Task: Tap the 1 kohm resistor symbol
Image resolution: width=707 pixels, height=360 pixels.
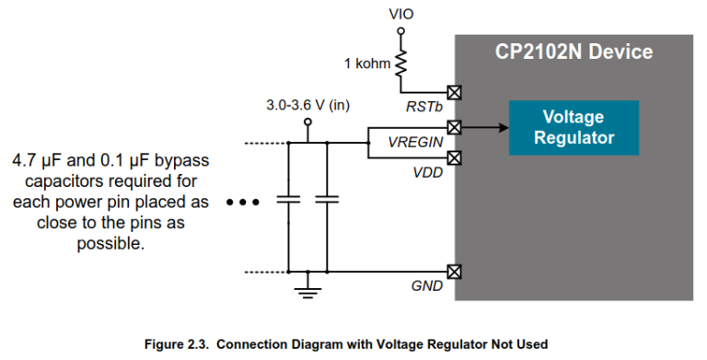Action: click(x=400, y=62)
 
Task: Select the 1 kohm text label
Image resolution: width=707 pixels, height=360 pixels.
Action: click(x=365, y=64)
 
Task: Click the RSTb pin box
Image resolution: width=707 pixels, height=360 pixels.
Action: click(x=453, y=92)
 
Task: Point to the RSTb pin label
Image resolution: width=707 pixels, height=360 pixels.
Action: click(x=426, y=108)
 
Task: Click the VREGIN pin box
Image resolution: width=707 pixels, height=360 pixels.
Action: click(x=453, y=126)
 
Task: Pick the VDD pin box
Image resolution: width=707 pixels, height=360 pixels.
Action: click(x=453, y=157)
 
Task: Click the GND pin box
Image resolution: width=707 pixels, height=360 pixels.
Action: click(x=453, y=272)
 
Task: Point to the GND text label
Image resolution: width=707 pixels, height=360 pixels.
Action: click(x=426, y=287)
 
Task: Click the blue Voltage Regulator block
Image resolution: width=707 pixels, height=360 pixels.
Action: click(x=573, y=128)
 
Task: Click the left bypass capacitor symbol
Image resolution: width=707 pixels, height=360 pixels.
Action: click(x=289, y=199)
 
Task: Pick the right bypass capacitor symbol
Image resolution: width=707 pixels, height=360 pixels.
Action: click(x=326, y=199)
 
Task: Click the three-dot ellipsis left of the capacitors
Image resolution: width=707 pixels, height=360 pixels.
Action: click(x=244, y=201)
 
